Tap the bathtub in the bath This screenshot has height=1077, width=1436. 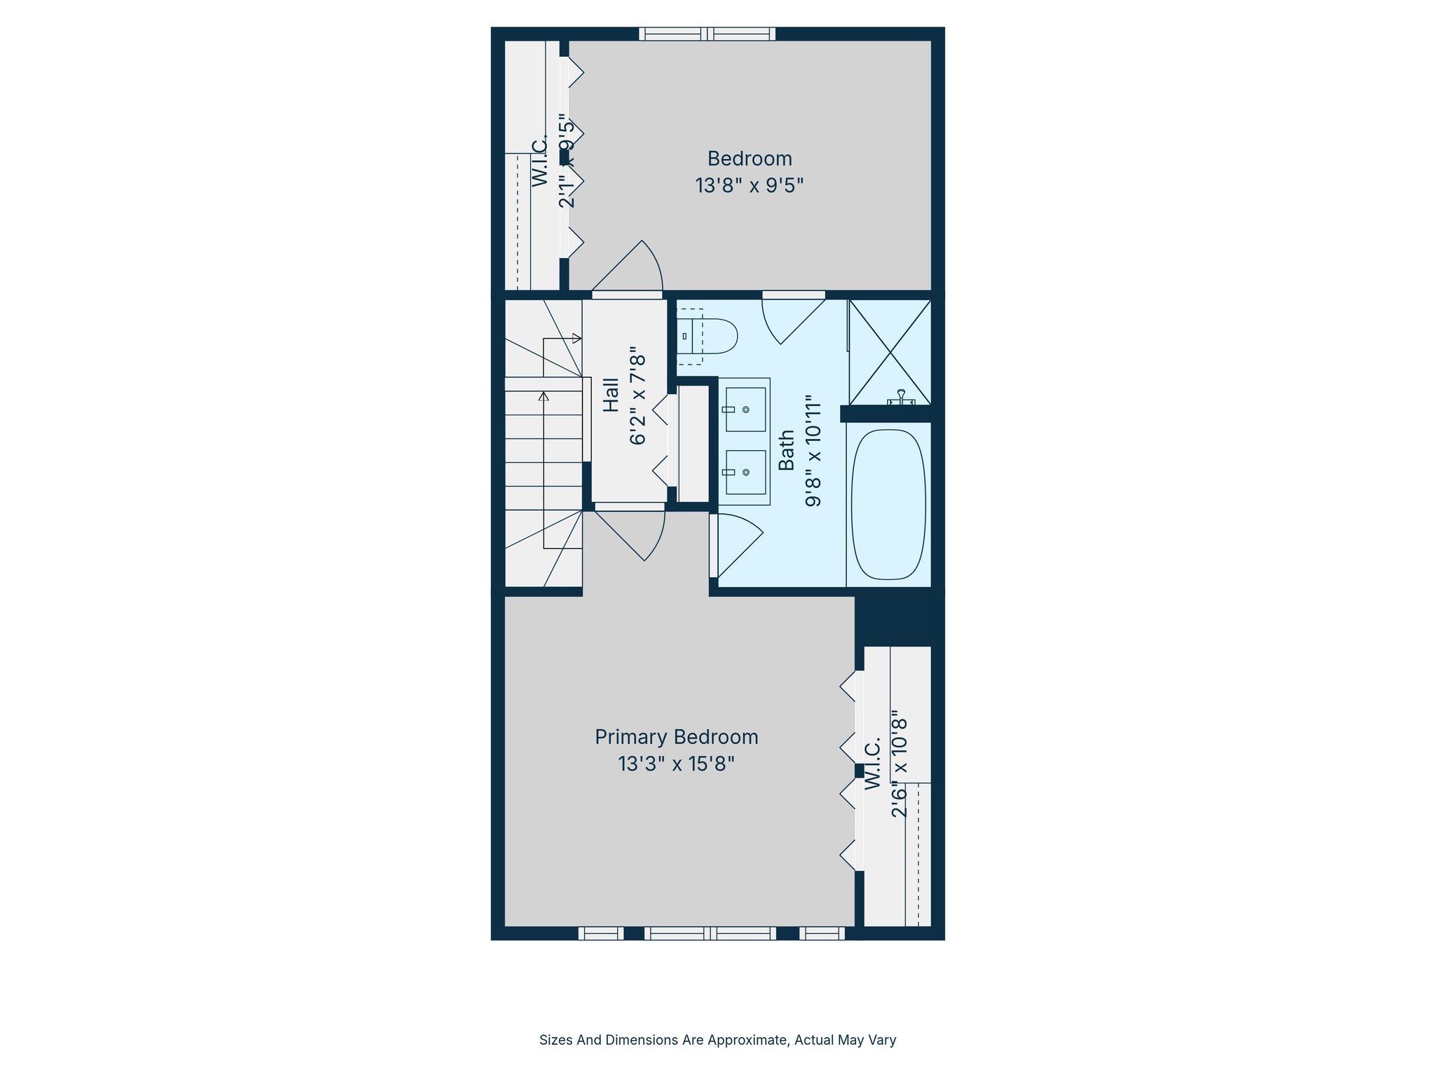(888, 504)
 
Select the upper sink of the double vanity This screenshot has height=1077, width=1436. (745, 409)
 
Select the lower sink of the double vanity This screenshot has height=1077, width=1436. (745, 472)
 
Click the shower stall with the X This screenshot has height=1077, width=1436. (890, 352)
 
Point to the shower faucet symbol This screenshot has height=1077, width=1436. (901, 398)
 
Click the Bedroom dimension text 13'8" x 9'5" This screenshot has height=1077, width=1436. (749, 186)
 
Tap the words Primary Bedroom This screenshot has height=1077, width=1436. (676, 737)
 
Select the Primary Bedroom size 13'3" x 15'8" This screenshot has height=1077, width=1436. (676, 764)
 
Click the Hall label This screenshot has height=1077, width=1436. (611, 395)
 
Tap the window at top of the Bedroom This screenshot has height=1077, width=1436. (707, 34)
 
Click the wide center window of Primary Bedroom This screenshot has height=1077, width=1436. (710, 933)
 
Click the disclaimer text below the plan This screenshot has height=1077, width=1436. (717, 1040)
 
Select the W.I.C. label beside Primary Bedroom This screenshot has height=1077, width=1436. (872, 764)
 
